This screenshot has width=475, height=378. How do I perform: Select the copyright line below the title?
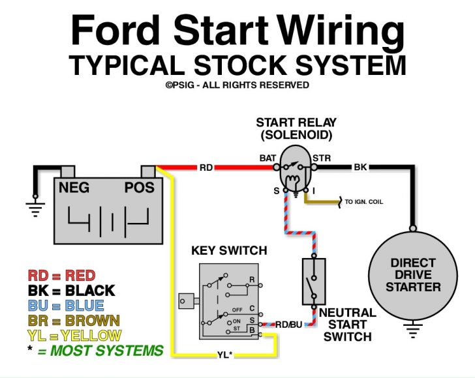click(x=237, y=85)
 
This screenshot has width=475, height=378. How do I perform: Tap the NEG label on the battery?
click(x=74, y=188)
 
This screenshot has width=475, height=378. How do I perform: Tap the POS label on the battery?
click(x=140, y=188)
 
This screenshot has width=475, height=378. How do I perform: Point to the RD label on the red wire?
click(x=206, y=167)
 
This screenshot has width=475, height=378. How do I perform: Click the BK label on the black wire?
click(x=360, y=167)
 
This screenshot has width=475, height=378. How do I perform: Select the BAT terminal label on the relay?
click(x=268, y=158)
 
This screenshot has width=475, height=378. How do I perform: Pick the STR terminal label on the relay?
click(x=322, y=158)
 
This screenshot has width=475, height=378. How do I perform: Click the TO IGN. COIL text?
click(x=364, y=202)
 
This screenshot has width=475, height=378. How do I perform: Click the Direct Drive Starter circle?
click(x=412, y=276)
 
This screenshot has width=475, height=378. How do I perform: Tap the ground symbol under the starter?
click(x=412, y=332)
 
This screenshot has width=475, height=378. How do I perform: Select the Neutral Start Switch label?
click(x=347, y=325)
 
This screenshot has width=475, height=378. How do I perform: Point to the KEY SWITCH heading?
click(x=229, y=251)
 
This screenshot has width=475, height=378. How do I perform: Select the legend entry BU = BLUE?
click(x=66, y=306)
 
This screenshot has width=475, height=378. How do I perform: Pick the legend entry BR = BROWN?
click(x=74, y=321)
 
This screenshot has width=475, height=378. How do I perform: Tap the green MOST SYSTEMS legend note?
click(x=96, y=351)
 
